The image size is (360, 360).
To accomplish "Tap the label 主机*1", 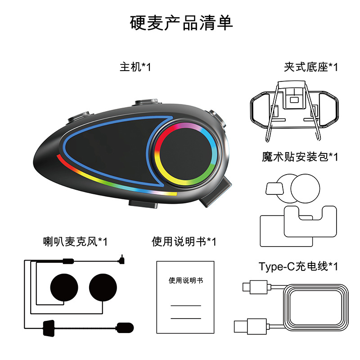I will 135,67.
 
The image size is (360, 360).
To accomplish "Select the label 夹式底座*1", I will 310,67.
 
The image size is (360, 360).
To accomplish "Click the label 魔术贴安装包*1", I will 300,157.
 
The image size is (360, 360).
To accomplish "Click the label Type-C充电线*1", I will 298,266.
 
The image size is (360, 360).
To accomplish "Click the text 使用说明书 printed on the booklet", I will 185,280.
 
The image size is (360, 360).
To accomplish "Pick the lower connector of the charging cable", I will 247,325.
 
